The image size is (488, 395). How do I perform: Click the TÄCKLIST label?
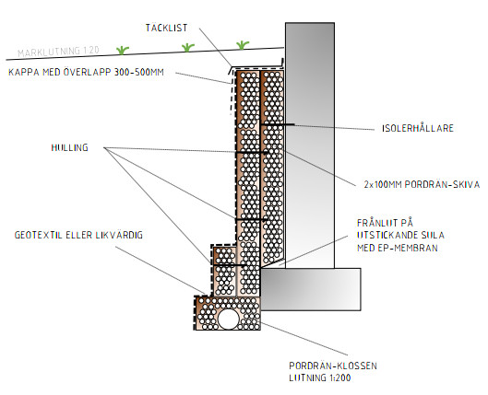pos(166,28)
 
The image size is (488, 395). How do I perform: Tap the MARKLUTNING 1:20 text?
pos(58,52)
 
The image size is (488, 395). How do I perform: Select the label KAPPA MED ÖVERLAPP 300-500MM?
pos(86,72)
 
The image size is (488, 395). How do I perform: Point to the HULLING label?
pos(70,147)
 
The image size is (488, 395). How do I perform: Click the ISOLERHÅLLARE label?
pos(418,128)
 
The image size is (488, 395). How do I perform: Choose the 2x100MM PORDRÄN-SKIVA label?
pos(422,185)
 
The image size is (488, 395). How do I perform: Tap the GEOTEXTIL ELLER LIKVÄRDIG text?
pos(78,235)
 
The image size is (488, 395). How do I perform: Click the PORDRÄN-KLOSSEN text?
pos(333,366)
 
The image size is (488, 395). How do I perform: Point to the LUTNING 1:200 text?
pos(319,378)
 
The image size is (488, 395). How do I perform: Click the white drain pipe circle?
pos(228,319)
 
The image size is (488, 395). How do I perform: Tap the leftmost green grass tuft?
pos(123,50)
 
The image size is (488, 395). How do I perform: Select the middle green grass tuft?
pos(187,48)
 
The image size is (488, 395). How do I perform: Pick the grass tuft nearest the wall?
pos(242,45)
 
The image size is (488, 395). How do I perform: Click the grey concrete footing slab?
pos(311,289)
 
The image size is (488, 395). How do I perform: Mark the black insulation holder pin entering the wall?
pos(278,125)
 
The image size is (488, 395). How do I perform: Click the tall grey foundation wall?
pos(310,145)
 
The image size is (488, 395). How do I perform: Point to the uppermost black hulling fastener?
pos(252,153)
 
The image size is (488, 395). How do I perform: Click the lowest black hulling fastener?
pos(229,265)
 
